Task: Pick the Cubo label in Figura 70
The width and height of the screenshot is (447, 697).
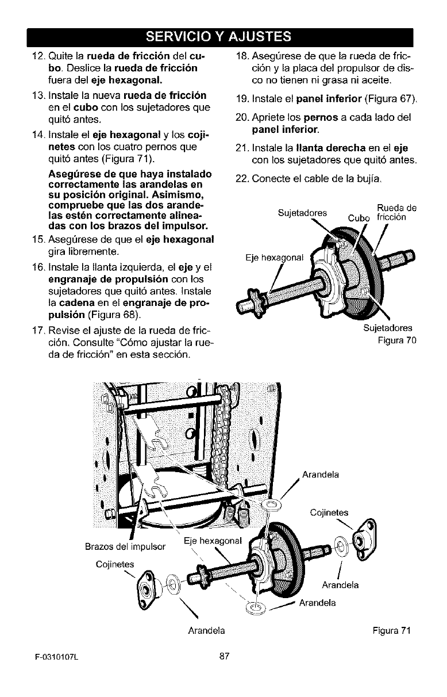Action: pos(359,217)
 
